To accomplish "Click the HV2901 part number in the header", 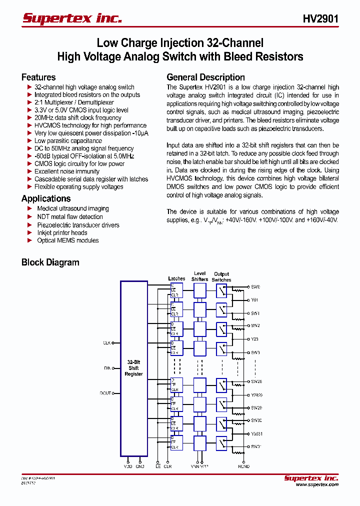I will pos(320,19).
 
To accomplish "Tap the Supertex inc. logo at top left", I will pos(72,19).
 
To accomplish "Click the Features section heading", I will pos(38,77).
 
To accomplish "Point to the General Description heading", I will pos(205,77).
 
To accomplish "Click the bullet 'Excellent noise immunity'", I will pos(67,171).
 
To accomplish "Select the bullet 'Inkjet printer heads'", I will pos(62,232).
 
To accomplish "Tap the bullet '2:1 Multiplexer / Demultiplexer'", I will pos(74,102).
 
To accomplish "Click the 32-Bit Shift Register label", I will pos(133,368).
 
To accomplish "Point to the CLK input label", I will pos(106,343).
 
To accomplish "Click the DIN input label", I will pos(107,368).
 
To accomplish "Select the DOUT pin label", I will pos(105,393).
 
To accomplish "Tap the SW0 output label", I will pos(255,287).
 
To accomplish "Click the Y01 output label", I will pos(254,300).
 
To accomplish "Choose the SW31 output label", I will pos(256,446).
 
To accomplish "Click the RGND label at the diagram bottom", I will pos(243,466).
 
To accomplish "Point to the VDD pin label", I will pos(128,466).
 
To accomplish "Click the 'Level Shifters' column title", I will pos(199,276).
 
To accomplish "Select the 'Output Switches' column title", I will pos(221,277).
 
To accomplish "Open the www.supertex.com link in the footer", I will pos(317,484).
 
